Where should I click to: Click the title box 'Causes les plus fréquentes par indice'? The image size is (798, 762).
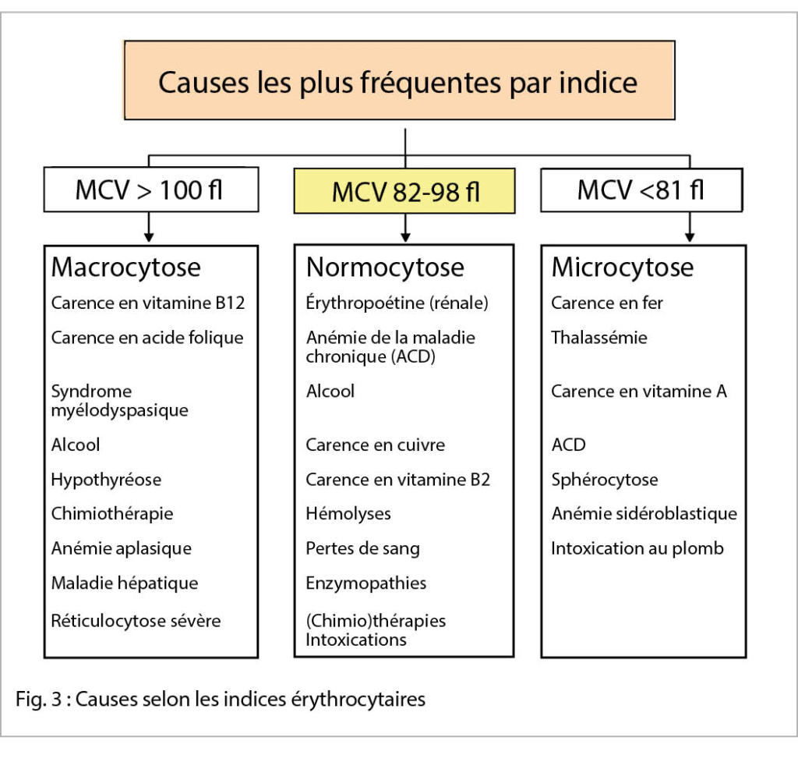(398, 81)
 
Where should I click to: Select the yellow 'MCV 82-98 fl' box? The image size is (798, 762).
(404, 190)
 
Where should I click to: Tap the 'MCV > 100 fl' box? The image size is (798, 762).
(150, 190)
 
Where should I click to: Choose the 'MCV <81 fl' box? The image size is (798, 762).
(641, 190)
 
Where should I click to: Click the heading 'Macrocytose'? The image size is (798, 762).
(125, 268)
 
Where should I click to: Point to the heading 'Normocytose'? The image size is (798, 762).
(385, 268)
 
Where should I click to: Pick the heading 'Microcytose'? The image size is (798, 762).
(622, 268)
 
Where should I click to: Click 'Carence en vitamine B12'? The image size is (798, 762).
(148, 303)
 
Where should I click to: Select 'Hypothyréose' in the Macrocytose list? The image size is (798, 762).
(106, 480)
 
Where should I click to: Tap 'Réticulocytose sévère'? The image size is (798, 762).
(136, 621)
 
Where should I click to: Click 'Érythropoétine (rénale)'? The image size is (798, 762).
(397, 303)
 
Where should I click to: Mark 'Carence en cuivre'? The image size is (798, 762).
(375, 445)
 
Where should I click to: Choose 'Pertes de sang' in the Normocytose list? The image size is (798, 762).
(362, 548)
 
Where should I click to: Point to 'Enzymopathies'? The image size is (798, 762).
(365, 583)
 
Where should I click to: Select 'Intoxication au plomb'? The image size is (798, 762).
(637, 548)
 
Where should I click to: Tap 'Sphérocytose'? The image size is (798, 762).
(604, 480)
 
